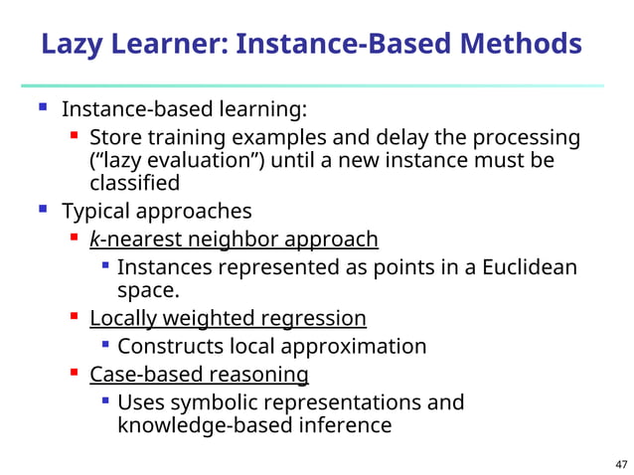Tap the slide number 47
[x=621, y=464]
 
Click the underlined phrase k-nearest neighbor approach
[x=234, y=239]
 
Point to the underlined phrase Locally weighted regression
[x=228, y=318]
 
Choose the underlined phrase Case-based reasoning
[x=199, y=374]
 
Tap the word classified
[x=134, y=183]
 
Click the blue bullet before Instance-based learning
[x=43, y=105]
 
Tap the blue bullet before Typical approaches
[x=43, y=210]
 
